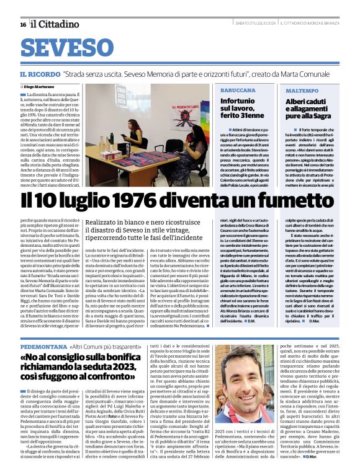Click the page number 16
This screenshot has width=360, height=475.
[22, 24]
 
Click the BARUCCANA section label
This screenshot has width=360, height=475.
[238, 91]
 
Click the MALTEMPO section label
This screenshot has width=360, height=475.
[302, 91]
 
